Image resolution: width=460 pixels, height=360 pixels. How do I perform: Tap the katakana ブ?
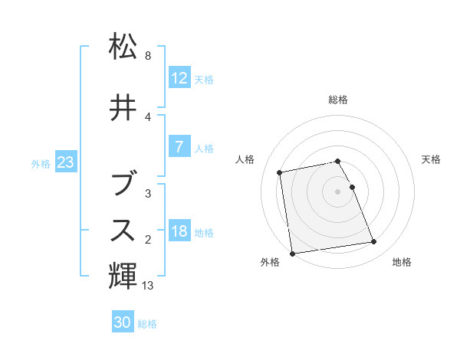tap(123, 184)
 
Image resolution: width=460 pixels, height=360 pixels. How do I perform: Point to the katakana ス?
tap(123, 229)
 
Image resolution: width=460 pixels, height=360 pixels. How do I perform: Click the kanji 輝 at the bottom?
tap(123, 273)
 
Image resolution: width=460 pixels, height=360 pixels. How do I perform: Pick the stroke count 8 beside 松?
tap(147, 56)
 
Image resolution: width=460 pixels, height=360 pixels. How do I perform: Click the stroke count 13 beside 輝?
tap(149, 286)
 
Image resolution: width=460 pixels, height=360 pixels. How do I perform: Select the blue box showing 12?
tap(179, 78)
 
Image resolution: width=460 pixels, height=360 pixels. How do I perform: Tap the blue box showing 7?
tap(179, 148)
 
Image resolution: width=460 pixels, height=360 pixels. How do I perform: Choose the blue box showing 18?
tap(179, 232)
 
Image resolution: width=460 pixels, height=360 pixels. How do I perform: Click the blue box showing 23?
tap(65, 162)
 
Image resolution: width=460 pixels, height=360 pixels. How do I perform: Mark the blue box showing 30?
tap(123, 322)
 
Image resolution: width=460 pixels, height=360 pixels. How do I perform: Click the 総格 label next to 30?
tap(147, 324)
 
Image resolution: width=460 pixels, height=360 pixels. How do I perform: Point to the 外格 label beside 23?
tap(41, 163)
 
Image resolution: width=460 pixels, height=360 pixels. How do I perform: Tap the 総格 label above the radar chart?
tap(338, 100)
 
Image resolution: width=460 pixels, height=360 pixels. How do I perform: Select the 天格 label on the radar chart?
tap(431, 159)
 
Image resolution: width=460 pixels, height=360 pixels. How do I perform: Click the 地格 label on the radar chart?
tap(402, 262)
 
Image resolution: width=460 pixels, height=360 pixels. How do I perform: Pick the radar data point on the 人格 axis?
tap(280, 172)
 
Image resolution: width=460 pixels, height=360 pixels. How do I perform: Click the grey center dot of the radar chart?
tap(338, 191)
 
